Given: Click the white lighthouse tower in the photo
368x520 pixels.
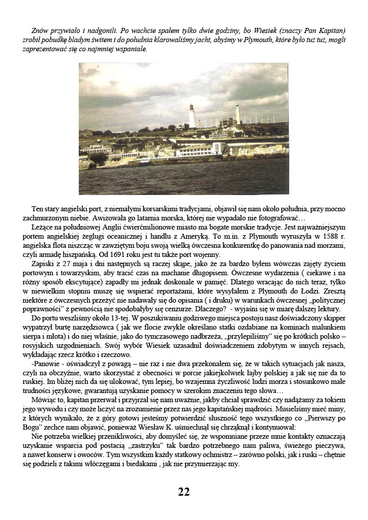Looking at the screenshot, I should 192,116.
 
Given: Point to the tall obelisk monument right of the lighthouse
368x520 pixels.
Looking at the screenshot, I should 238,115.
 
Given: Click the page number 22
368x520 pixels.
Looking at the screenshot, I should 184,492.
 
